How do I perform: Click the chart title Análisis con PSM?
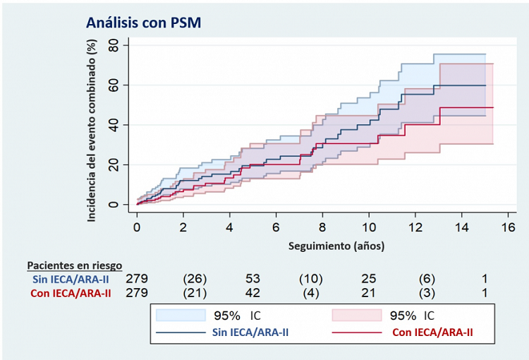pos(144,23)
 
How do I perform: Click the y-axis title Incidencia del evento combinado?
pos(91,131)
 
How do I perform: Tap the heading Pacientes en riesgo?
pos(74,265)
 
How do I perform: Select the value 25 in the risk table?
pos(369,279)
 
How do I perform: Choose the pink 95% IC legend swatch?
pos(353,315)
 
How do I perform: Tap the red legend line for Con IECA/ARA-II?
pos(353,332)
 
